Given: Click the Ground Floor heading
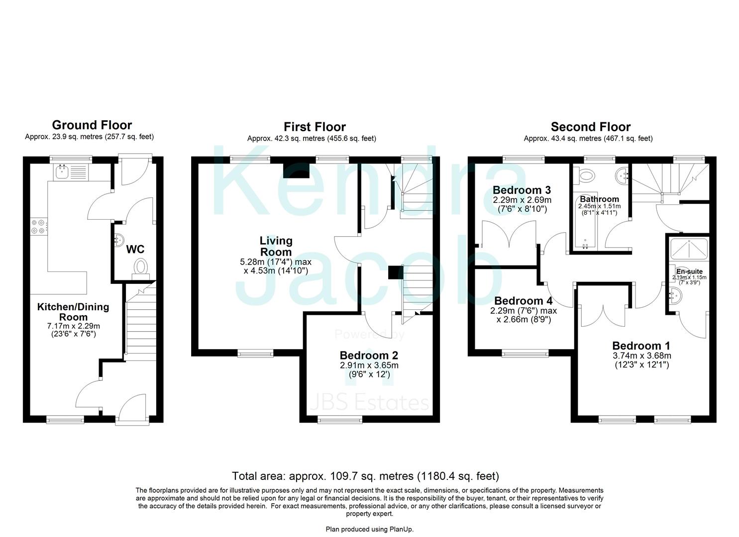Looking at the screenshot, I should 92,125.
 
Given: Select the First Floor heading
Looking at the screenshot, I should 315,127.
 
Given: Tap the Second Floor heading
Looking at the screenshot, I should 590,127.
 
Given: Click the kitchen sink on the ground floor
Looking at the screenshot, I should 63,172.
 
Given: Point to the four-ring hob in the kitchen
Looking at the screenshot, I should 38,226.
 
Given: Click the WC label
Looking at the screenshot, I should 135,249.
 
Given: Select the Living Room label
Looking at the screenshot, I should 276,246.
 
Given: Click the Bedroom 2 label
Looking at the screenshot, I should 369,355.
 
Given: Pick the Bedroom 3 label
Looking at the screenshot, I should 522,190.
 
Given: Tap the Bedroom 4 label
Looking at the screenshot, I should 523,301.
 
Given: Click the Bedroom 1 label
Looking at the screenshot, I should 641,346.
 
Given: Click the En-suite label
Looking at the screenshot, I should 689,271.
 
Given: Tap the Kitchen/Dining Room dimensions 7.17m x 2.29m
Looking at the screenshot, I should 73,326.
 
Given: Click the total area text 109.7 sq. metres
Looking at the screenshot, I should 365,476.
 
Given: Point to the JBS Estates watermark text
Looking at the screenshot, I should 369,403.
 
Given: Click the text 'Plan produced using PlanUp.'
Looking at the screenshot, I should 369,529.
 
